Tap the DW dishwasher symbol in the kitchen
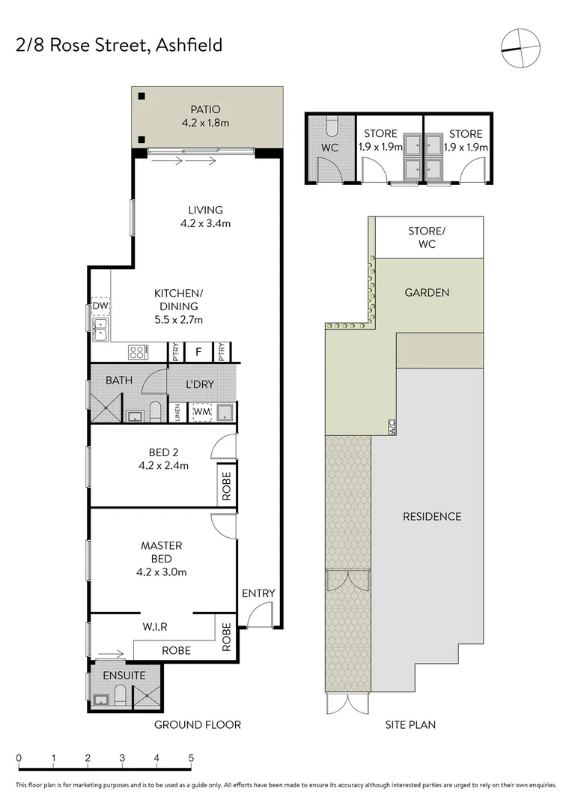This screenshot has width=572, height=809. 100,306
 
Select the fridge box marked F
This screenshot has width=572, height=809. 198,351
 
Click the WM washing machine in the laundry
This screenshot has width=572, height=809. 201,411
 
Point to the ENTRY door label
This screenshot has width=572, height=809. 258,593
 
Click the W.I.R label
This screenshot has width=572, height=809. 154,626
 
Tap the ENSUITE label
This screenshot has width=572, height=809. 124,675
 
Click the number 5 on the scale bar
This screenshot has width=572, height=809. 192,758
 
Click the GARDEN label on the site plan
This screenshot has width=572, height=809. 427,292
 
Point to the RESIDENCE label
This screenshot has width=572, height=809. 432,517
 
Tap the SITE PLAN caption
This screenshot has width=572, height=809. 411,724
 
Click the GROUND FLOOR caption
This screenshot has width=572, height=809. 197,724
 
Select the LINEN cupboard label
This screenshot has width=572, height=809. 177,413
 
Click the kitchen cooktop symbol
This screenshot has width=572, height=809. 139,351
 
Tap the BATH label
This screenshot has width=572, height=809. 118,381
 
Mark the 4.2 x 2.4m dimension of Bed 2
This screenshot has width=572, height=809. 163,465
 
